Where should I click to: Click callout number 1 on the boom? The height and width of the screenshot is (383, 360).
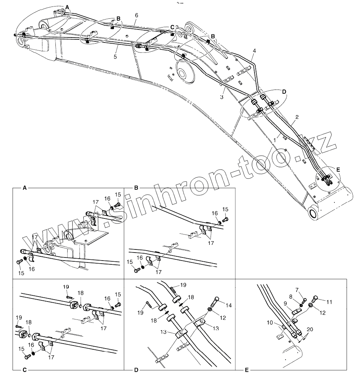[x=274, y=140]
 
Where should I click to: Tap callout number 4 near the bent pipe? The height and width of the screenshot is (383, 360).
[x=254, y=51]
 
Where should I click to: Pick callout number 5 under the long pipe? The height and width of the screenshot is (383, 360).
[x=115, y=56]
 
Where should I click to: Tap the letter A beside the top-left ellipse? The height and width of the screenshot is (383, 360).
[x=67, y=7]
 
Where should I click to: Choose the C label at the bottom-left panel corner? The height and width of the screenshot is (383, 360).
[x=24, y=370]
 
